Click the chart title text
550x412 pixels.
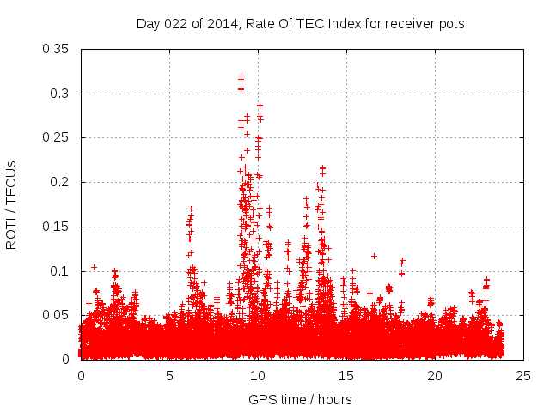pyautogui.click(x=300, y=24)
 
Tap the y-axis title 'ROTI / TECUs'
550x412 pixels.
pyautogui.click(x=11, y=204)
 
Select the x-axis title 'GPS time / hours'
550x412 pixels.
pyautogui.click(x=300, y=399)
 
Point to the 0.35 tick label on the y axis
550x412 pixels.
pyautogui.click(x=57, y=48)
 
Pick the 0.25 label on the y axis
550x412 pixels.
pyautogui.click(x=57, y=137)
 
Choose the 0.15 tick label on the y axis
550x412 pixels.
pyautogui.click(x=57, y=227)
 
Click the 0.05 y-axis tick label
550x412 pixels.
pyautogui.click(x=57, y=315)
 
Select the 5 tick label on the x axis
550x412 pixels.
pyautogui.click(x=169, y=376)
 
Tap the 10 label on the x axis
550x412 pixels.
pyautogui.click(x=258, y=376)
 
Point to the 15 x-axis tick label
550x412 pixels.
pyautogui.click(x=346, y=376)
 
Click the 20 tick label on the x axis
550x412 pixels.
pyautogui.click(x=435, y=376)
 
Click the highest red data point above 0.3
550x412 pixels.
pyautogui.click(x=241, y=76)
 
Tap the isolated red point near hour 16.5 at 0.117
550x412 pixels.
pyautogui.click(x=374, y=256)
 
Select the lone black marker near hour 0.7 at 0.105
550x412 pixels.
pyautogui.click(x=94, y=267)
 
